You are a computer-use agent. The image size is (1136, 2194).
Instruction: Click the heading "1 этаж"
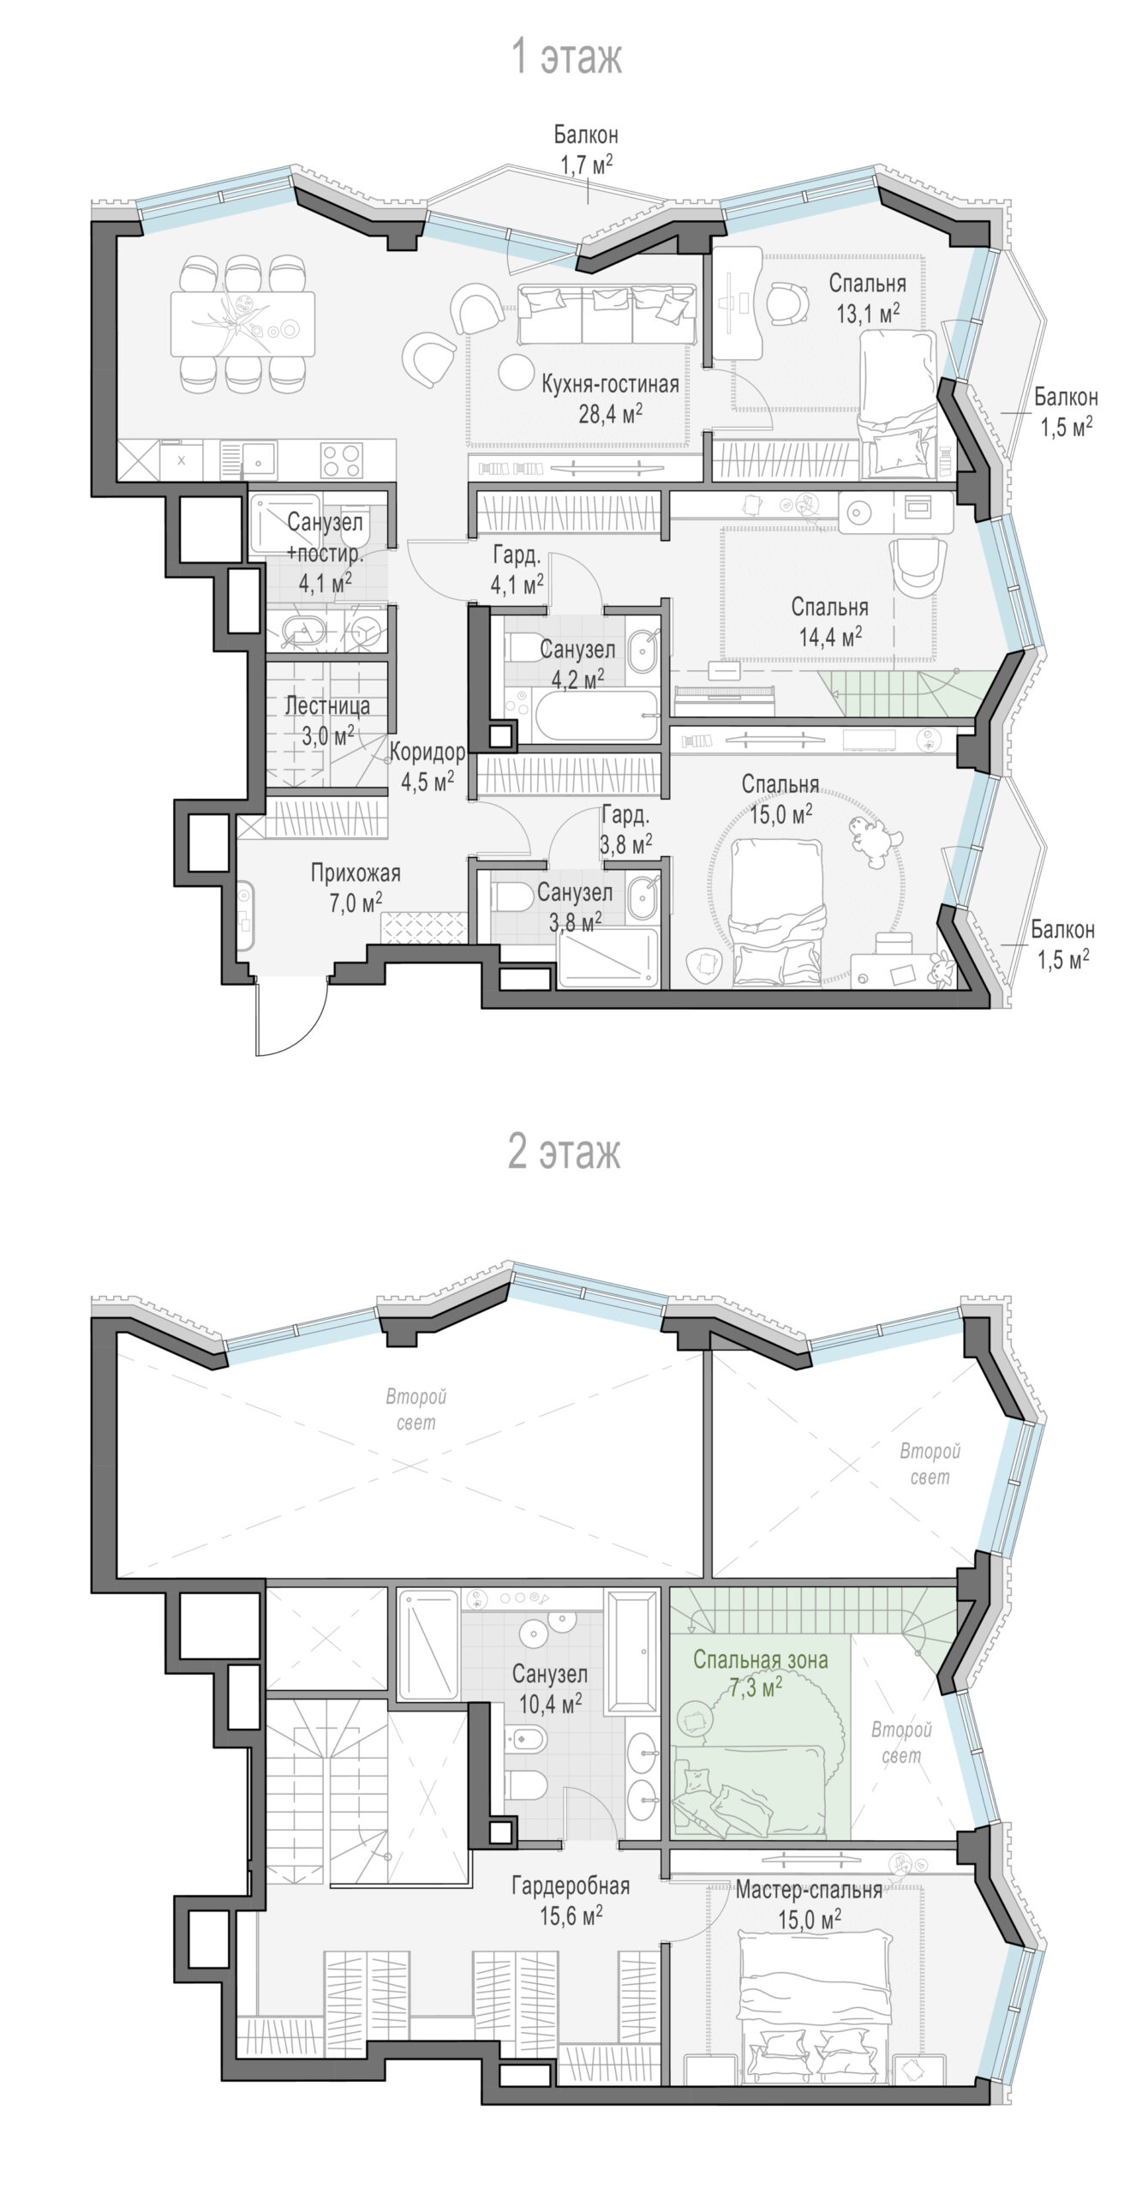[566, 57]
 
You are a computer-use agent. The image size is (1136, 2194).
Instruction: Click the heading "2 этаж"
[565, 1151]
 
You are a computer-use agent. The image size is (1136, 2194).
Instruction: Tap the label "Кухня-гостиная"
[610, 384]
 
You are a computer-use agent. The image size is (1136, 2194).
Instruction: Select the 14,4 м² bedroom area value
[830, 637]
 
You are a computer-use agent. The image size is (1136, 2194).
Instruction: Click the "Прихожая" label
[356, 873]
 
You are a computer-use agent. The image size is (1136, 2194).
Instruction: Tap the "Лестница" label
[327, 705]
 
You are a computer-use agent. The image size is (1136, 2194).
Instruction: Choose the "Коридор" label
[427, 752]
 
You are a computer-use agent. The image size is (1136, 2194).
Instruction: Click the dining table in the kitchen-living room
[242, 324]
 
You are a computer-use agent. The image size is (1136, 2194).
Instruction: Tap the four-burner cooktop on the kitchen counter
[341, 459]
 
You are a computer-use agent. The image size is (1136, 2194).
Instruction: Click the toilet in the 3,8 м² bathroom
[512, 898]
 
